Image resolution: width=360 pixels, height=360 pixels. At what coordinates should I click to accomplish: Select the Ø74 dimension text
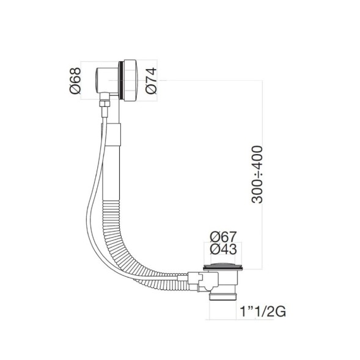click(152, 80)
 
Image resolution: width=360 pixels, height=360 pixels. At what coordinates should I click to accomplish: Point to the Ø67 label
click(223, 237)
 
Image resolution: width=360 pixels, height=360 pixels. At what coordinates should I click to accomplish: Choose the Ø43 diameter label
click(223, 249)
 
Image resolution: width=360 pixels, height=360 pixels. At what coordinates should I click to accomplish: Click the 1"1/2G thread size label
click(264, 312)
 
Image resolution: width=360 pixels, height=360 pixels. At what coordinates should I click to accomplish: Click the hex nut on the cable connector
click(103, 109)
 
